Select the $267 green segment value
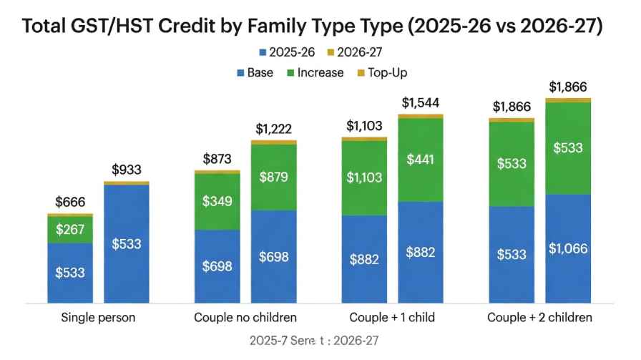tap(70, 230)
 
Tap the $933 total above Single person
tap(127, 170)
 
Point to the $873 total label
tap(217, 159)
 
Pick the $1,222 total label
tap(274, 129)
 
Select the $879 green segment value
tap(274, 177)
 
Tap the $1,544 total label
tap(421, 102)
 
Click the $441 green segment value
tap(421, 159)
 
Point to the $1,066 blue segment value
tap(568, 248)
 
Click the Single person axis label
tap(99, 317)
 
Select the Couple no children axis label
tap(245, 317)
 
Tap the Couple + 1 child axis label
tap(392, 317)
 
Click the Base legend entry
tap(260, 72)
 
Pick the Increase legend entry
tap(320, 72)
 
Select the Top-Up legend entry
tap(387, 72)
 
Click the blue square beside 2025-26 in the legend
tap(263, 52)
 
